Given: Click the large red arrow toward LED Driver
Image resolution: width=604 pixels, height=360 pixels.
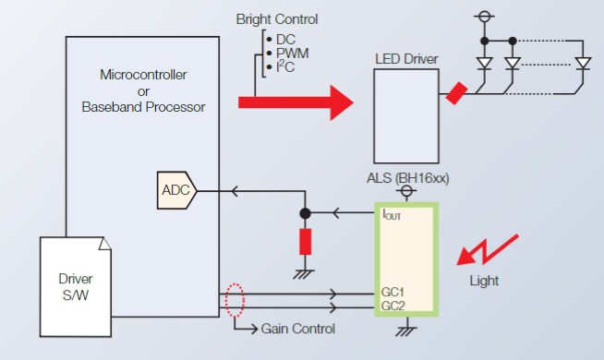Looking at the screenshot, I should pos(296,102).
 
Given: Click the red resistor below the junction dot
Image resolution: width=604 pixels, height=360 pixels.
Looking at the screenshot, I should pos(305,242).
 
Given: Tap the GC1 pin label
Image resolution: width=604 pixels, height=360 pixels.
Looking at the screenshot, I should pos(393,293).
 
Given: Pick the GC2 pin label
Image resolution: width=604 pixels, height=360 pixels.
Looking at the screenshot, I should pos(393,305).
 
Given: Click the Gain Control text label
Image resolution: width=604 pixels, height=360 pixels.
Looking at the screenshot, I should pos(297,329).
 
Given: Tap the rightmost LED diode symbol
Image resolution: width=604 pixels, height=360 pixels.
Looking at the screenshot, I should pos(582,64).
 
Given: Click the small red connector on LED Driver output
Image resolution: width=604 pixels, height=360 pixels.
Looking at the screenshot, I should pos(456,93).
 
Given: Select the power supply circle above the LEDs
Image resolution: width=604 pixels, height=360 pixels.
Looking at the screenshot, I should pos(482,17).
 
